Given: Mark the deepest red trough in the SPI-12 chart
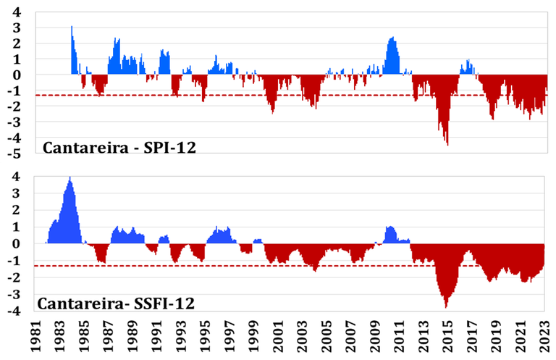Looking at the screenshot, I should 447,143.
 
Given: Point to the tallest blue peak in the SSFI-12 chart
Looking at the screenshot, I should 69,179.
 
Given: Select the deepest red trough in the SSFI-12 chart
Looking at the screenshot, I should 446,306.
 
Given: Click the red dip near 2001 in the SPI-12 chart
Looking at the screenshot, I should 272,111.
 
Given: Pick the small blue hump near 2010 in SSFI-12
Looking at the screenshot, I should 390,229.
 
